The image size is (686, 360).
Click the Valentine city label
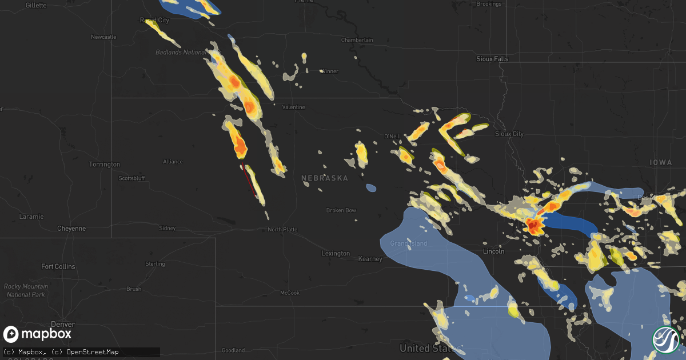tap(293, 107)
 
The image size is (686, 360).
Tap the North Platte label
tap(282, 230)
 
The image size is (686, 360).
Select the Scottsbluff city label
tap(132, 178)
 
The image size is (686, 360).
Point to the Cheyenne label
tap(71, 229)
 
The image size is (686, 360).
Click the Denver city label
tap(62, 324)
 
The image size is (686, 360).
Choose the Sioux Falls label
tap(492, 59)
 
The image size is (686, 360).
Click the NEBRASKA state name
tap(325, 178)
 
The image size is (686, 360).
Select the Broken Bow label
tap(341, 210)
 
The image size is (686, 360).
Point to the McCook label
tap(289, 293)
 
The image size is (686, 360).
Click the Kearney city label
tap(370, 259)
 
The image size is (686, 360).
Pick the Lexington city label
tap(336, 253)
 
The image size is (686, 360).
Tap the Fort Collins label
tap(58, 266)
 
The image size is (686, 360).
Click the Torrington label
tap(105, 165)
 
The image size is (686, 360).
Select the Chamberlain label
tap(357, 40)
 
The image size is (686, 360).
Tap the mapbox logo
tap(37, 334)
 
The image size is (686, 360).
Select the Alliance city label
tap(173, 162)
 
